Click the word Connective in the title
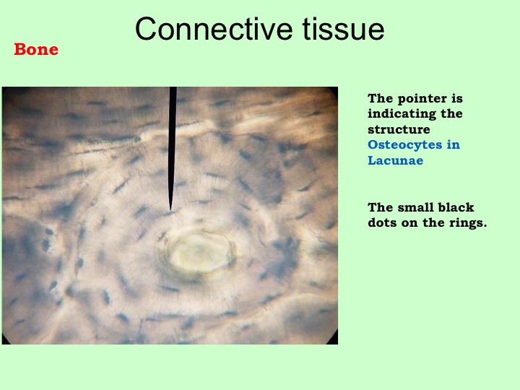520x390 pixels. click(214, 29)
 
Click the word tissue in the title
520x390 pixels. click(343, 29)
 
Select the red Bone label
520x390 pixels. click(36, 49)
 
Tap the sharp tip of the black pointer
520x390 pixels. click(170, 209)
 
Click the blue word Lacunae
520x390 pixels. click(395, 160)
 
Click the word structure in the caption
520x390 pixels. click(399, 129)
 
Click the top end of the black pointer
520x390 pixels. click(173, 88)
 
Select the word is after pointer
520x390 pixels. click(456, 98)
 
